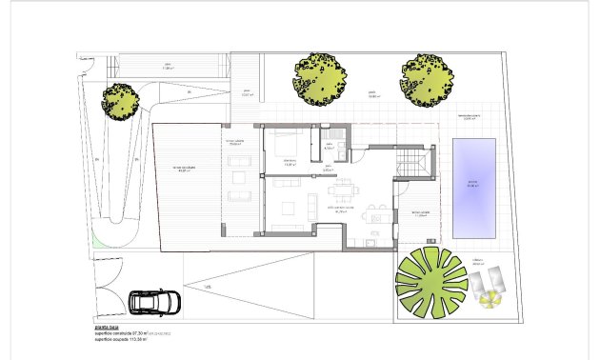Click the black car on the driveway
coord(148,302)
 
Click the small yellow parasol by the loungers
coord(490,300)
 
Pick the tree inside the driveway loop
coord(120,99)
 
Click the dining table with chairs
coord(342,189)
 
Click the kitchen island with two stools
coord(377,218)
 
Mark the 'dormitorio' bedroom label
coord(290,162)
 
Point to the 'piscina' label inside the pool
coord(472,184)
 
